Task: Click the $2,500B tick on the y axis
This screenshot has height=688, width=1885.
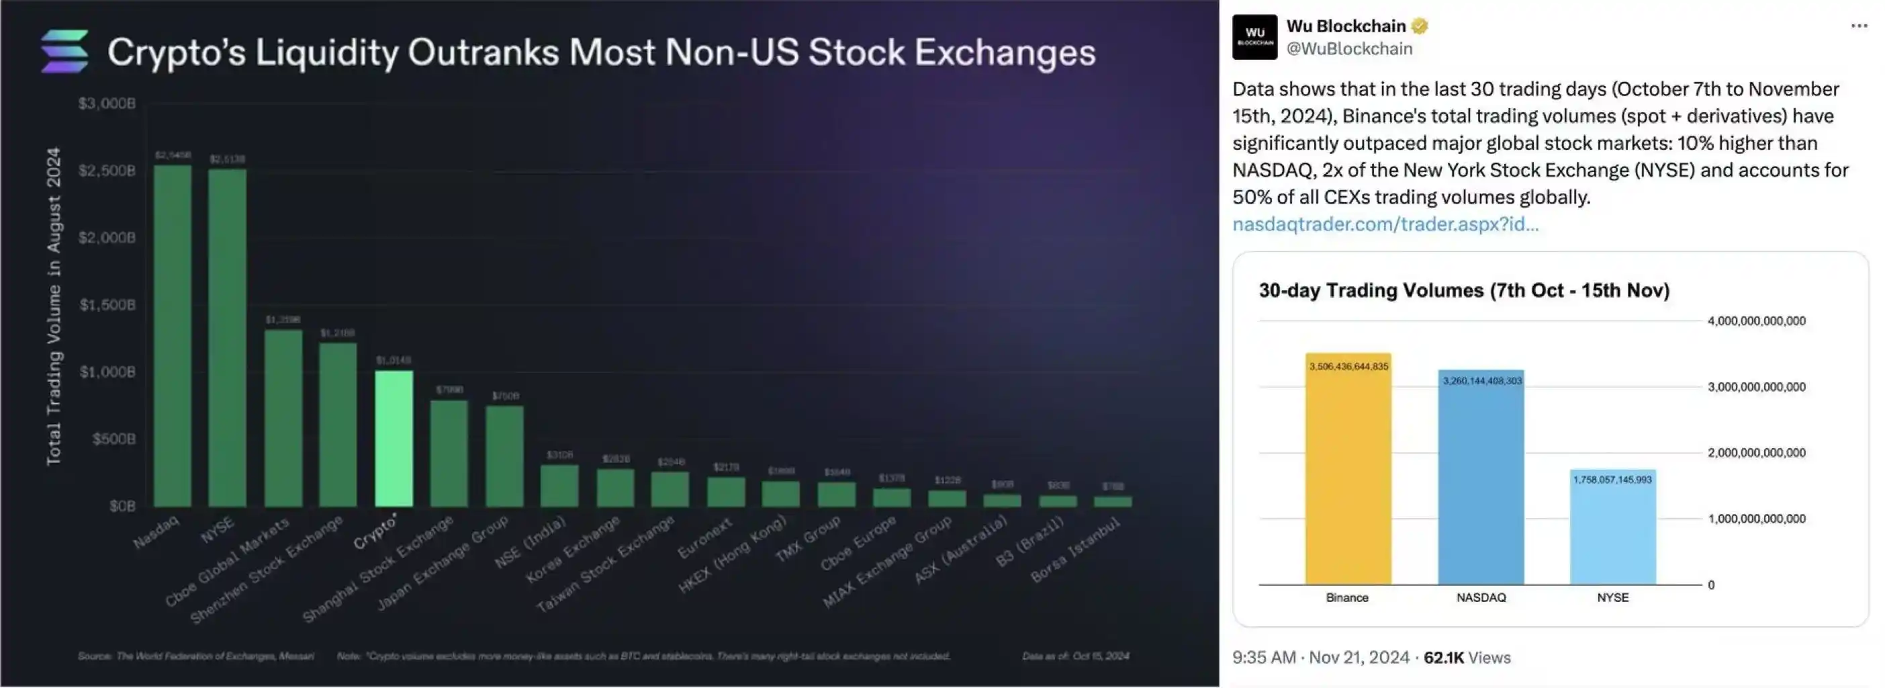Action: pos(107,171)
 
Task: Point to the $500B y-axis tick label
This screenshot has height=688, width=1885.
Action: pos(114,439)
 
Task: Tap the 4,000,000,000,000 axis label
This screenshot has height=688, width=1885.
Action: pos(1756,321)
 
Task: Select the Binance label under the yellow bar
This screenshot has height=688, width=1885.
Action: pos(1347,598)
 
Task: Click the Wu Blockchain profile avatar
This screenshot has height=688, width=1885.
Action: pos(1254,36)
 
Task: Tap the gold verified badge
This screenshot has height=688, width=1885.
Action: pos(1420,26)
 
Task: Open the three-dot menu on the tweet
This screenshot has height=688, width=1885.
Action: pos(1859,26)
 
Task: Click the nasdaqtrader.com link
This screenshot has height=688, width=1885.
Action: pos(1385,224)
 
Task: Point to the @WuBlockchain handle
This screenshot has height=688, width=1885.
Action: pos(1349,49)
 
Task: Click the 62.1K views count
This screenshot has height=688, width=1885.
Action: pos(1443,658)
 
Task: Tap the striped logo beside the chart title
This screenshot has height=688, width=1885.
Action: pos(65,51)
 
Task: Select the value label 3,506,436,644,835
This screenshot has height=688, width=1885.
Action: pos(1348,367)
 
